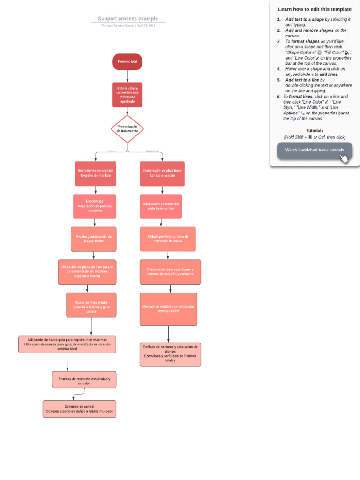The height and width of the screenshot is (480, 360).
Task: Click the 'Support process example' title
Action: pyautogui.click(x=128, y=19)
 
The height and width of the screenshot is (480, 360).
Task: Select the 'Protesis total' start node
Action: pyautogui.click(x=127, y=62)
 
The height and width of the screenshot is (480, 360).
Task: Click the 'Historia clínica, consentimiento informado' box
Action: pyautogui.click(x=127, y=95)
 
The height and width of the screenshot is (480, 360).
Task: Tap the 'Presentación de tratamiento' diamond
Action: pyautogui.click(x=127, y=129)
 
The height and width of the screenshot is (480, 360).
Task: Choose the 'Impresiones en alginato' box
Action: pyautogui.click(x=96, y=173)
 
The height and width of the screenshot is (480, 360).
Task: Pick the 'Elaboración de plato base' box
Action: pyautogui.click(x=162, y=173)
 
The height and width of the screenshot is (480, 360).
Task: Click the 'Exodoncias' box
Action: pyautogui.click(x=95, y=206)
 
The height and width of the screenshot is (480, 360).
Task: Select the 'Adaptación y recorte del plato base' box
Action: pyautogui.click(x=161, y=206)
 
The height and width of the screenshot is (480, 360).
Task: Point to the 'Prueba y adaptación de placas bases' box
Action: pyautogui.click(x=93, y=239)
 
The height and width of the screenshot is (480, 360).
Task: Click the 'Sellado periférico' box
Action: pyautogui.click(x=168, y=239)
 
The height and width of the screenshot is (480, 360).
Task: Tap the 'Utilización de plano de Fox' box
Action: pyautogui.click(x=87, y=272)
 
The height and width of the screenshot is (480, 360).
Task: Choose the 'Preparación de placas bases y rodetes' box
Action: pyautogui.click(x=170, y=272)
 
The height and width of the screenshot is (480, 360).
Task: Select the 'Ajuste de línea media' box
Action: pyautogui.click(x=91, y=305)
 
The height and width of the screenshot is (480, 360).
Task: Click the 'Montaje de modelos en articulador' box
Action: pyautogui.click(x=168, y=309)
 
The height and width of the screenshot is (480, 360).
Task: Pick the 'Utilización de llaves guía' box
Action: pyautogui.click(x=67, y=344)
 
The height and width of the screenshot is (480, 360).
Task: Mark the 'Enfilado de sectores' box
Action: pyautogui.click(x=170, y=354)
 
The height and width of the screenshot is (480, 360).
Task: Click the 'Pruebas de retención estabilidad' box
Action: pyautogui.click(x=84, y=380)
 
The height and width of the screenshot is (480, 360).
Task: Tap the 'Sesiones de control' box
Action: pyautogui.click(x=79, y=409)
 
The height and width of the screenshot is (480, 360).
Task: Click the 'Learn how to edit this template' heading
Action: pyautogui.click(x=315, y=9)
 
